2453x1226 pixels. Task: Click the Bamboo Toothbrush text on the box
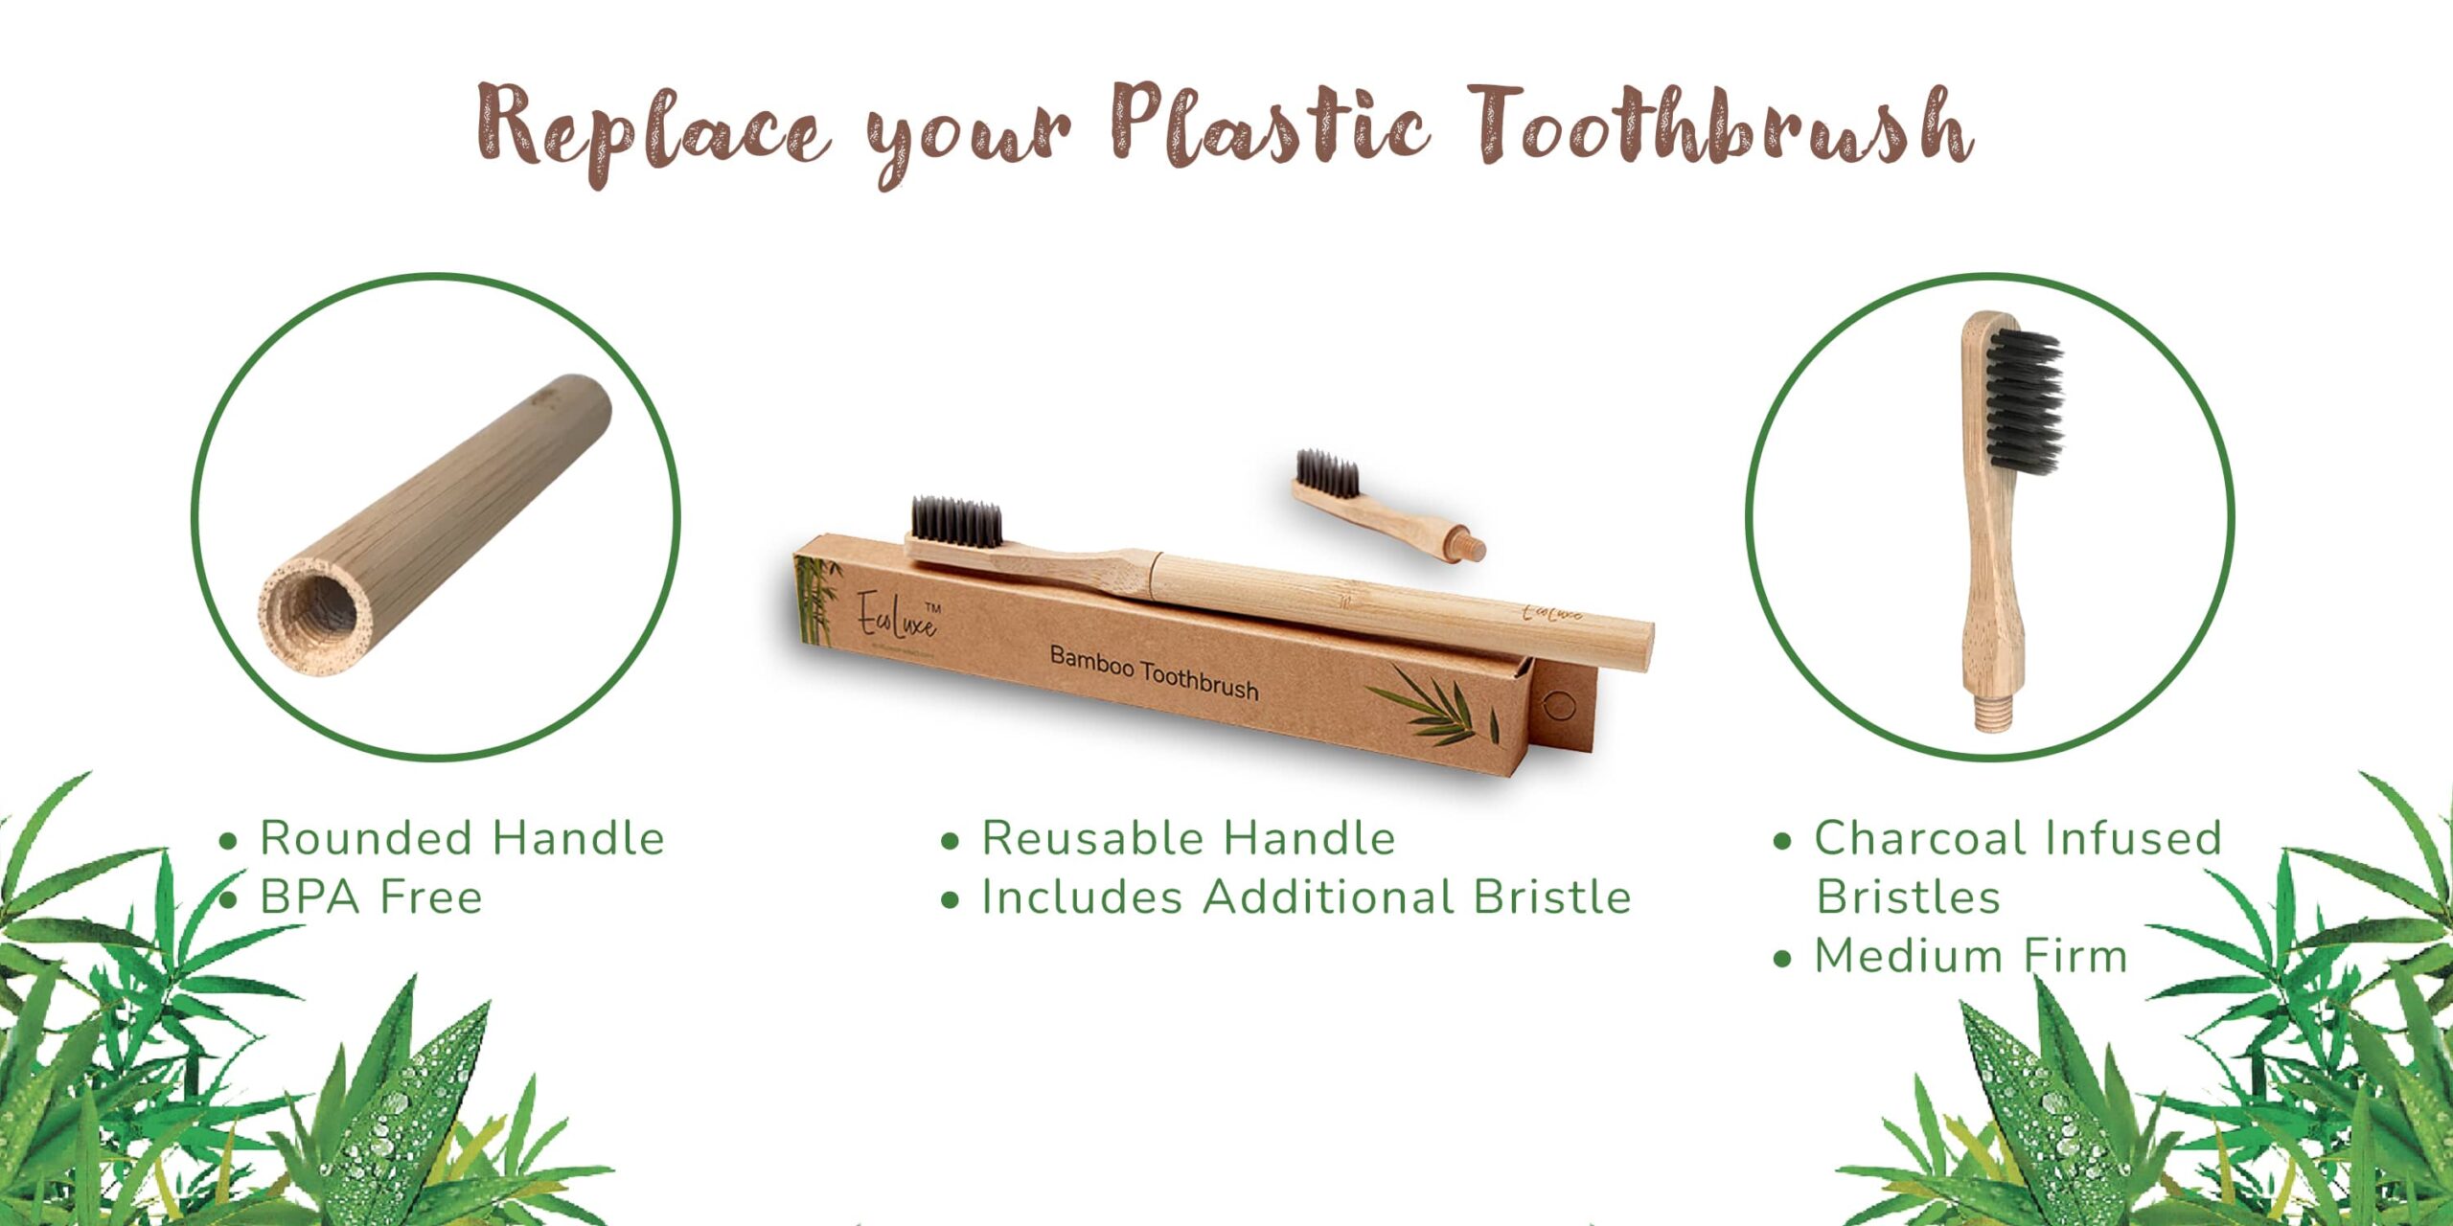(1154, 673)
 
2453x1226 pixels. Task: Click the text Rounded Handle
(462, 838)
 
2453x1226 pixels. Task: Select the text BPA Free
(371, 897)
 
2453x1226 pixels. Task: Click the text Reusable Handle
(1188, 838)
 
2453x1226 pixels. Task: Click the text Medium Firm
(1970, 956)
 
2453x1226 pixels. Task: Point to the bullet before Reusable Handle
(950, 842)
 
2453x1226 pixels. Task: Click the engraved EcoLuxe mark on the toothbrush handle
(1552, 613)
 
